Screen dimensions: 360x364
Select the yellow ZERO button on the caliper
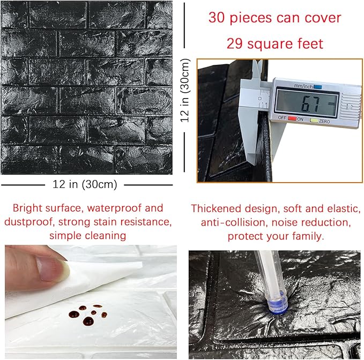tap(313, 119)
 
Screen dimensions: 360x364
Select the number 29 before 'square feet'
tap(236, 43)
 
